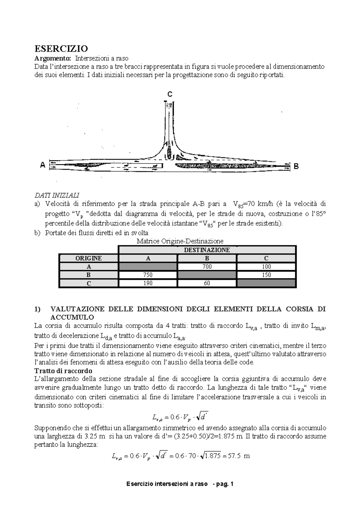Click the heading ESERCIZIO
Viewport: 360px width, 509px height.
point(61,49)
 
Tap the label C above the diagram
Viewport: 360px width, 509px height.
point(170,94)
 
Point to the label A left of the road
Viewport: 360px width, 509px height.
point(43,165)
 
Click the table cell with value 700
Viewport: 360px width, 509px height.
point(207,266)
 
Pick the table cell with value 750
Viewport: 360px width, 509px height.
point(148,275)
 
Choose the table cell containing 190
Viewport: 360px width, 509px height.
point(148,283)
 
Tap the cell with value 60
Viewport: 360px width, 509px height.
point(207,283)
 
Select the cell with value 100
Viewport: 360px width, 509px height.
point(266,266)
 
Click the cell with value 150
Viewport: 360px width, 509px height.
point(266,275)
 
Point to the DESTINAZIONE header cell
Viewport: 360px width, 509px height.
point(207,250)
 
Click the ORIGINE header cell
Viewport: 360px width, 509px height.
point(88,258)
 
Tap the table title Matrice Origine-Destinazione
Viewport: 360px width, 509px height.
point(180,241)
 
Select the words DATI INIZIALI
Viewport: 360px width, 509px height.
point(57,195)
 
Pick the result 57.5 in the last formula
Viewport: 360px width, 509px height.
point(234,456)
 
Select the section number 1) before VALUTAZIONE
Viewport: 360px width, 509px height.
point(37,309)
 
